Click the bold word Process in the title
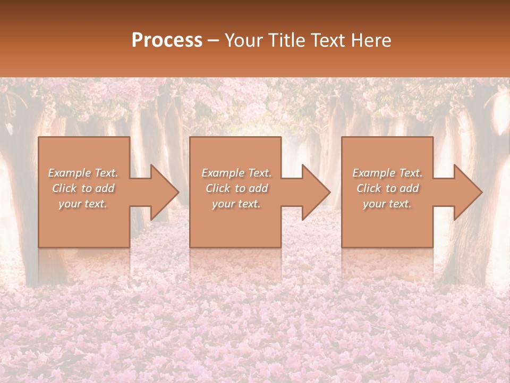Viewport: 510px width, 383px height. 167,40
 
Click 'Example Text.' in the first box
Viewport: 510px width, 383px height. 83,173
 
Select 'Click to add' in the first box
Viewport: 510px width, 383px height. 83,188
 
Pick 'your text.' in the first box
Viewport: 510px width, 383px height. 83,204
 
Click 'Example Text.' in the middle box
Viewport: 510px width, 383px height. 236,173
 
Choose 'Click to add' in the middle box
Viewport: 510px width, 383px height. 236,188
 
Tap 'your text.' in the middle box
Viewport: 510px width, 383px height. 236,204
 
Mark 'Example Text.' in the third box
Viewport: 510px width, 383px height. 387,173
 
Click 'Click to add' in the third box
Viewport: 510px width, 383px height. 387,188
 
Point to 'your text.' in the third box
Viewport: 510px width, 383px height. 387,204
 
